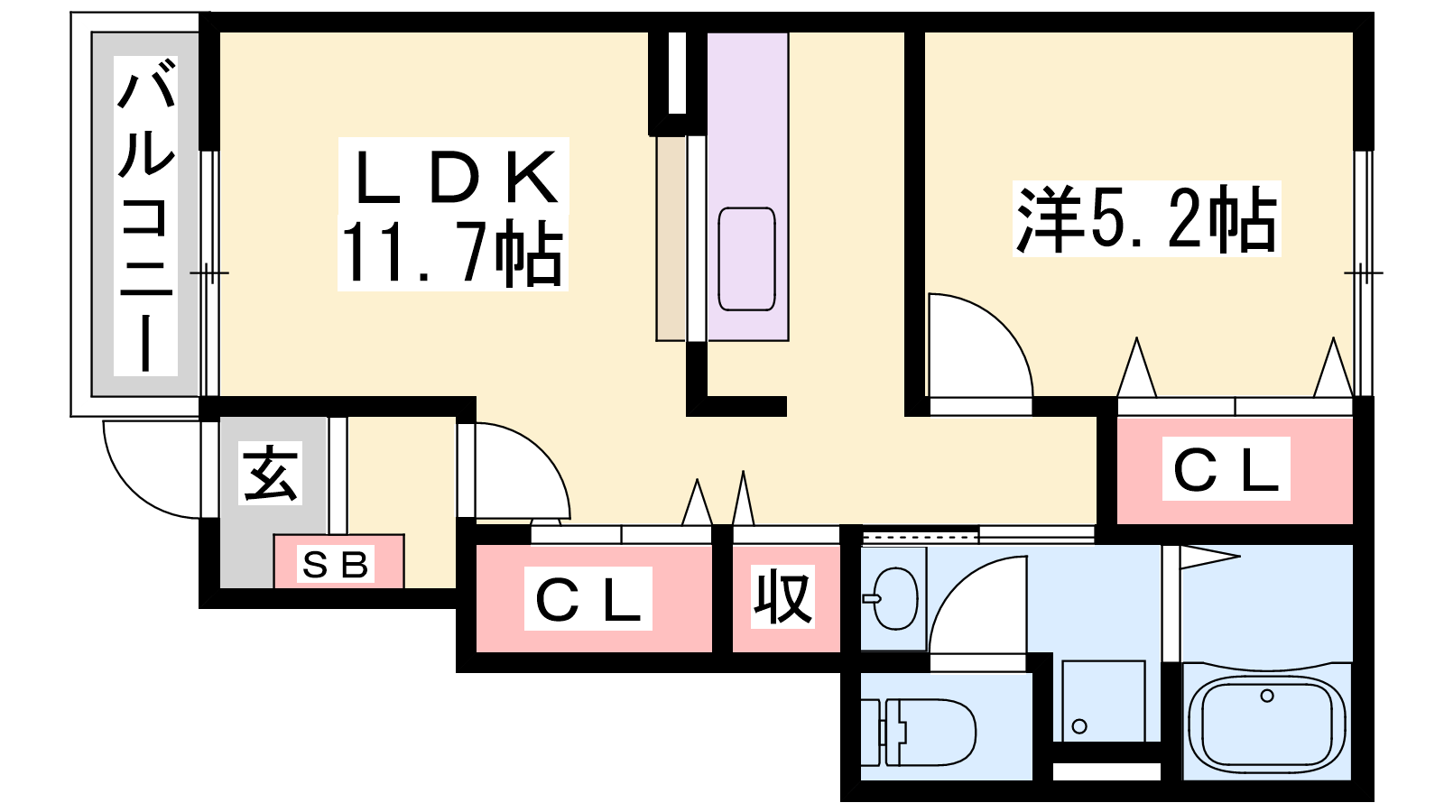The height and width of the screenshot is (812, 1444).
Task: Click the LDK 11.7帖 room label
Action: tap(452, 214)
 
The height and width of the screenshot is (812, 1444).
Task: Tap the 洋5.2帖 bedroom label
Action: tap(1146, 219)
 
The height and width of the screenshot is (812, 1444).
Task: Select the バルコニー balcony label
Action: tap(145, 216)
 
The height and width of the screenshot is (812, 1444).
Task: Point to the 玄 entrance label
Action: tap(271, 473)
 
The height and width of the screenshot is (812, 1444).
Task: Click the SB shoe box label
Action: tap(335, 566)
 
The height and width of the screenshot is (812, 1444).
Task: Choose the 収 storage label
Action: tap(782, 596)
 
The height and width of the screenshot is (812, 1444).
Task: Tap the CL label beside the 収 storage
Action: tap(588, 599)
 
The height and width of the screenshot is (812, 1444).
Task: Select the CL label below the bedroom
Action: tap(1226, 468)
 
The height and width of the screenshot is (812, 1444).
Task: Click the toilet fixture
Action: tap(919, 732)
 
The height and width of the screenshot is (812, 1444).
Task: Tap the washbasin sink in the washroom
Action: tap(893, 599)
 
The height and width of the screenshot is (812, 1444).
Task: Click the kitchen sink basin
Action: tap(746, 259)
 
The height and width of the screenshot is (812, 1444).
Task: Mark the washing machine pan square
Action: tap(1103, 700)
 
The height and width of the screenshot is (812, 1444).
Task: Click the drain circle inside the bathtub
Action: tap(1267, 696)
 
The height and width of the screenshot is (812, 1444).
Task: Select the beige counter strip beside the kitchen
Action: tap(671, 238)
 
